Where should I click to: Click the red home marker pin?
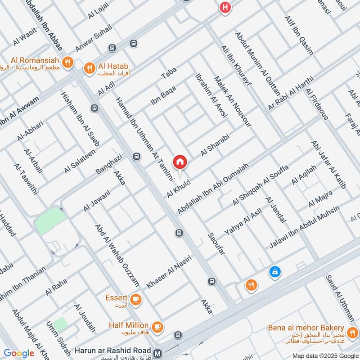180,162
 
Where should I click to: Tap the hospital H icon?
224,8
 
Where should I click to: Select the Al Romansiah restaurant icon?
68,63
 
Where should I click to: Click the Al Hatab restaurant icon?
89,68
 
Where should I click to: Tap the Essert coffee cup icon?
135,298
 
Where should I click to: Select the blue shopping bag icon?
274,271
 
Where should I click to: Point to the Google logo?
19,353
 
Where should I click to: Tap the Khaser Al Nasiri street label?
169,272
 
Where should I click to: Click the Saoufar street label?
216,245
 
